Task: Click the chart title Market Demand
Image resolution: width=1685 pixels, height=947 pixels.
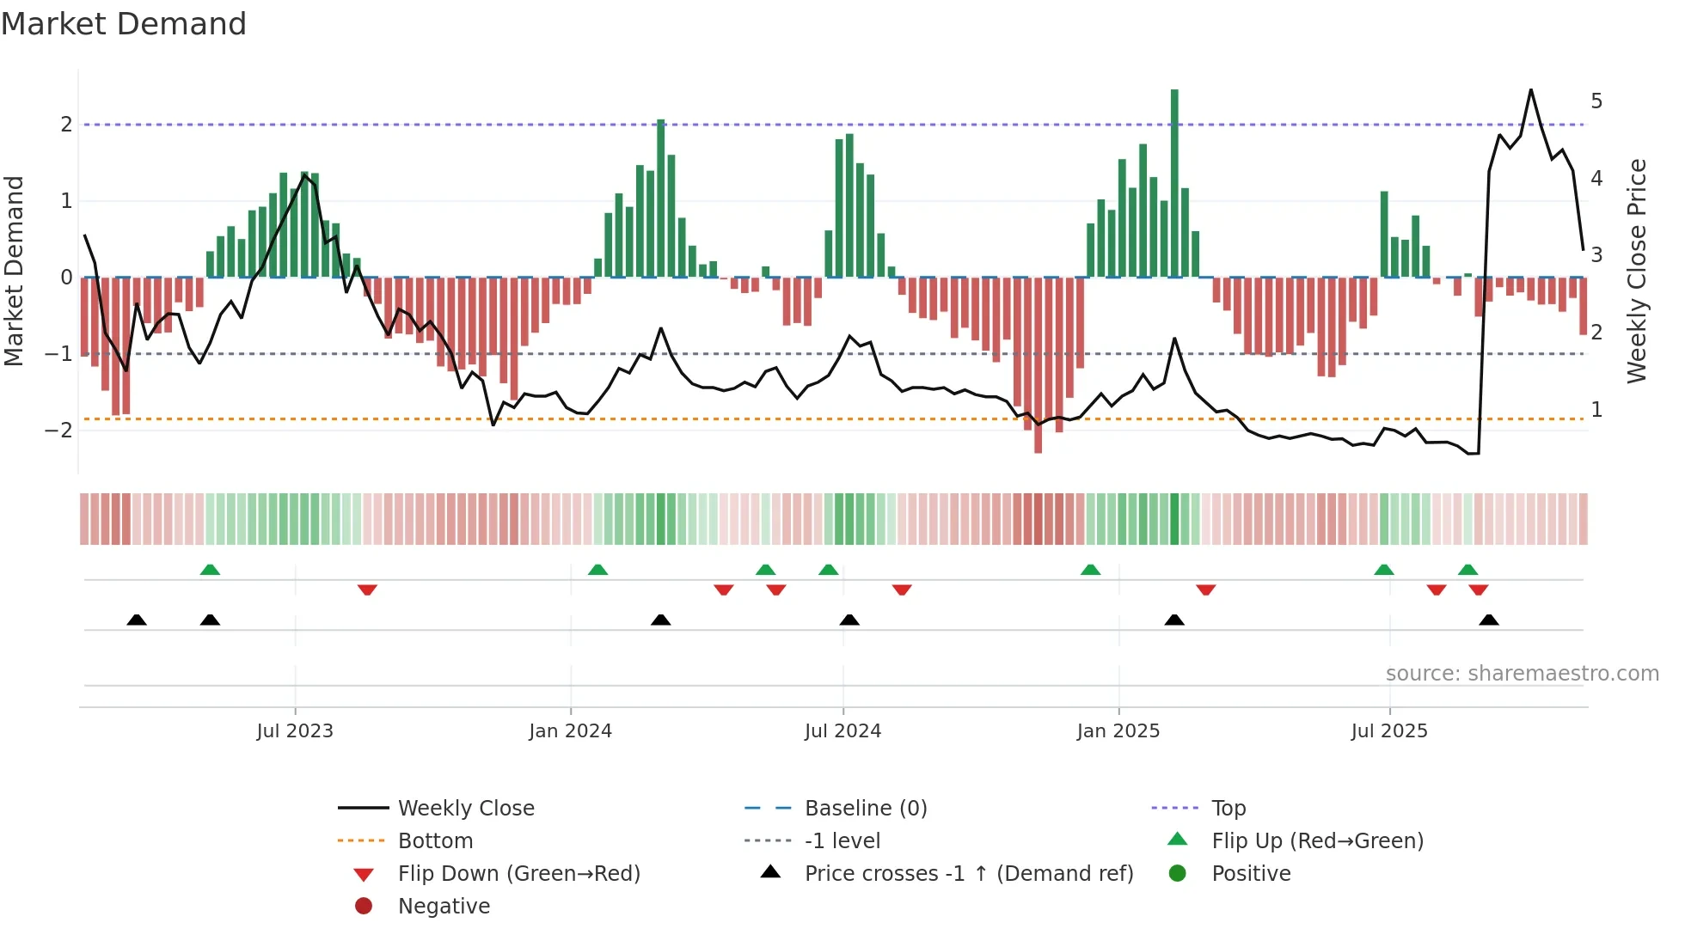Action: [124, 24]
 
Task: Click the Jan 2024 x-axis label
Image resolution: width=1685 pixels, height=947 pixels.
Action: [570, 731]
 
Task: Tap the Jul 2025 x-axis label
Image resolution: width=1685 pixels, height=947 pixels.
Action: [1388, 731]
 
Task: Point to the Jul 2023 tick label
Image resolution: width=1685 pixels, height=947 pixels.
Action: [295, 731]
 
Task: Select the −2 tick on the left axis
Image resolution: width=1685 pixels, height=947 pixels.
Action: [59, 431]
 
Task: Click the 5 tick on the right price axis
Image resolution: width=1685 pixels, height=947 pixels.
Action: [1596, 101]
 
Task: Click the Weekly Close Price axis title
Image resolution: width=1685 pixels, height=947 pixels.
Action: [1637, 271]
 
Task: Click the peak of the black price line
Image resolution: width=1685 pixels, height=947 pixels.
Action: [1531, 90]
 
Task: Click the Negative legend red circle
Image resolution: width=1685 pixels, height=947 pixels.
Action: [364, 907]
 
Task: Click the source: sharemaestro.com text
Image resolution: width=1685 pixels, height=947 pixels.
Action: [1522, 674]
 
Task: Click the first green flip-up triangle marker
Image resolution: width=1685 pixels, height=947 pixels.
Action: [210, 570]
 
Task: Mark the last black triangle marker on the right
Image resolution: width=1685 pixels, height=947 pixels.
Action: [1489, 620]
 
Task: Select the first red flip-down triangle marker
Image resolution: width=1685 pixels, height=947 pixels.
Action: [367, 590]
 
